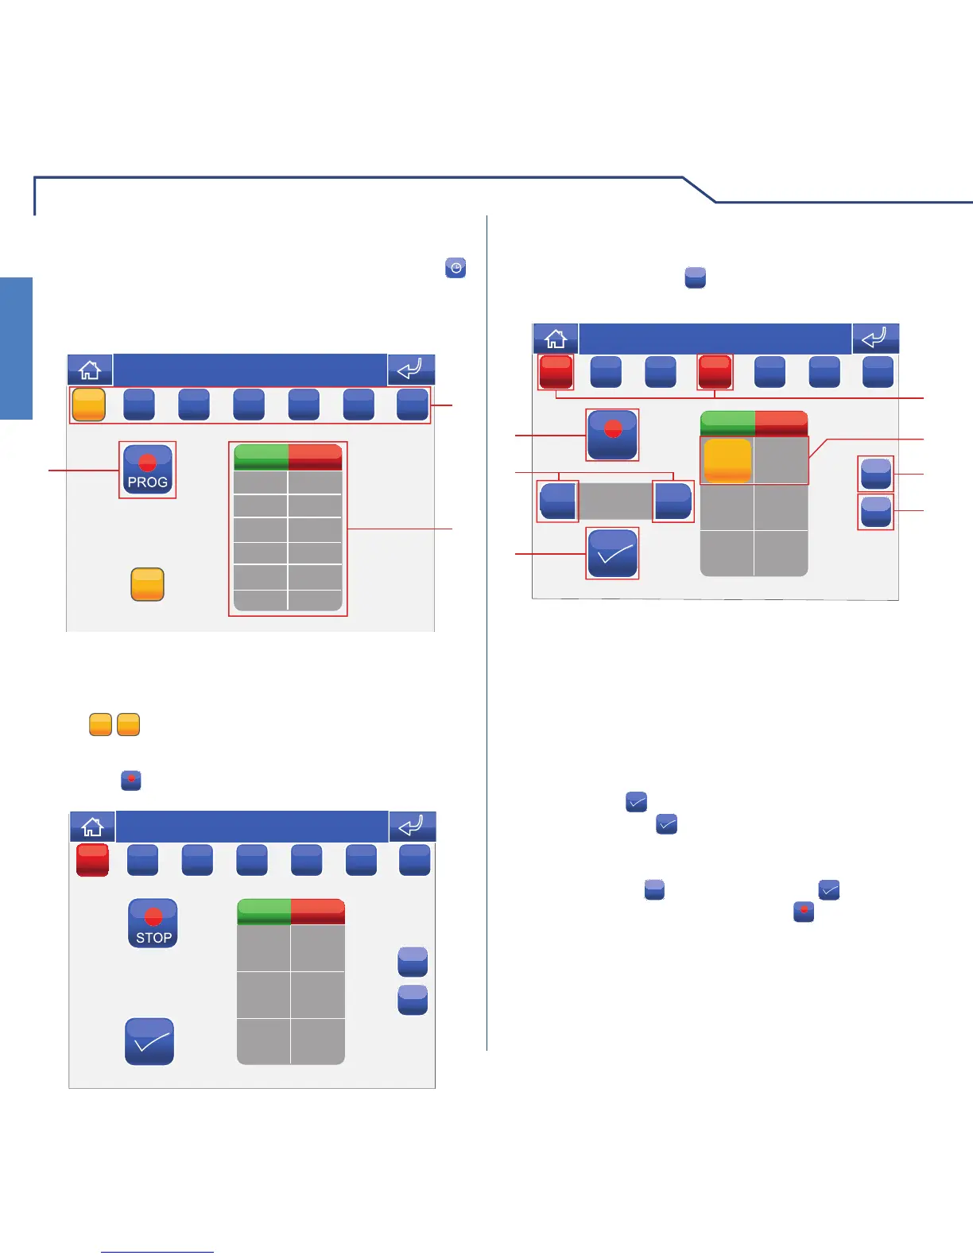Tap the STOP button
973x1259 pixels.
point(153,924)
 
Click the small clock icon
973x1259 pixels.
point(455,268)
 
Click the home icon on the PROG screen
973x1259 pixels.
point(90,370)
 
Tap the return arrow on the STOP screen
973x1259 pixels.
point(412,827)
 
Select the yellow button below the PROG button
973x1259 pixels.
point(147,584)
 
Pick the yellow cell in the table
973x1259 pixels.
point(727,460)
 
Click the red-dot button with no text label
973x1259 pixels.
point(612,435)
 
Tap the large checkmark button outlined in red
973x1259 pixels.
point(612,553)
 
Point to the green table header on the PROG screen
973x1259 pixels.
point(261,457)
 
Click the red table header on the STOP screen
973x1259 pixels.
point(318,912)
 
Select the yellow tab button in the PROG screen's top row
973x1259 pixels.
point(89,404)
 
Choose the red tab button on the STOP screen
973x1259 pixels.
point(92,860)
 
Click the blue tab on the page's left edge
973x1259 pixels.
point(16,348)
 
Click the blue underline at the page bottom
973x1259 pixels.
point(157,1252)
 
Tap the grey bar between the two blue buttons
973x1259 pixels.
point(615,501)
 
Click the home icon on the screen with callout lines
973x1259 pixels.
point(555,339)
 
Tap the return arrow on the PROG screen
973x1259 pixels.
point(411,370)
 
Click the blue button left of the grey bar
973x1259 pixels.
point(557,501)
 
